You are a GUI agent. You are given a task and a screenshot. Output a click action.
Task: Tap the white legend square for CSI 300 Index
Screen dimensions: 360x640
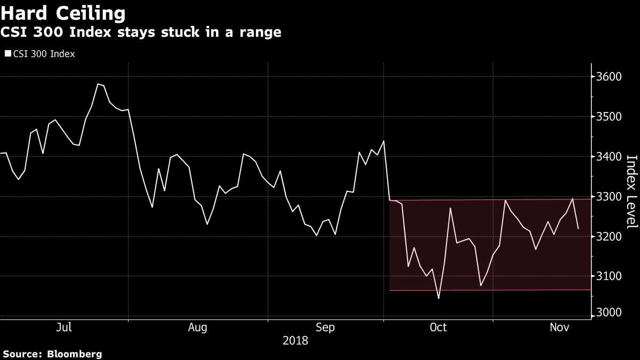[x=7, y=54]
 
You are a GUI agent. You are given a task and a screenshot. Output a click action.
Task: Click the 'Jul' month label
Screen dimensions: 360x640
[x=64, y=327]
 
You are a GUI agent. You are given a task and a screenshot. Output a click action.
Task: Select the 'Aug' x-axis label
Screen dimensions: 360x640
[x=198, y=327]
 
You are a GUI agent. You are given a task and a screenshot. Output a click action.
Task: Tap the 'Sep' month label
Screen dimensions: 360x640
[x=325, y=327]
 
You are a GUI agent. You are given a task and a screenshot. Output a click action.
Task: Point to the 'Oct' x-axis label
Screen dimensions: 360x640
[x=438, y=327]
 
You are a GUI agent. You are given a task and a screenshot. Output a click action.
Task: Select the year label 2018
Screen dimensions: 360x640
[x=295, y=340]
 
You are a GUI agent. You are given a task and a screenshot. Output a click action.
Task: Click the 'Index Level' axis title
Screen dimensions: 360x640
[x=631, y=192]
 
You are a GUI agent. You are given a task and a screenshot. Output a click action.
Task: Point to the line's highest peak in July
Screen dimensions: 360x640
[x=98, y=84]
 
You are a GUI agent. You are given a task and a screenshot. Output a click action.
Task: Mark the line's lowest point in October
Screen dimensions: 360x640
[x=438, y=298]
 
